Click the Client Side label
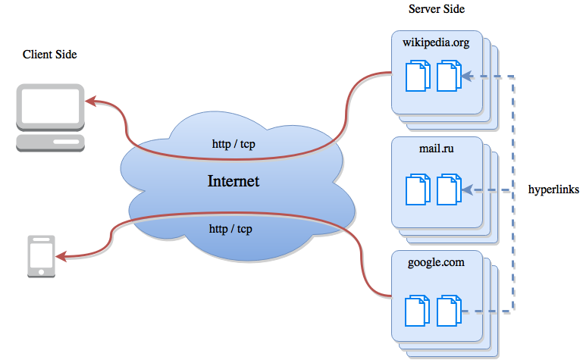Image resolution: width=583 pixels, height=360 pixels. click(50, 55)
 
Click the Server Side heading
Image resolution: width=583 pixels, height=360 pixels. click(436, 9)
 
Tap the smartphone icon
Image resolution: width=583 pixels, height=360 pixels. click(41, 255)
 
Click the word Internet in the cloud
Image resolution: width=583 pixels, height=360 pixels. click(234, 182)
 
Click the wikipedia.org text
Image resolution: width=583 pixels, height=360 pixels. click(436, 43)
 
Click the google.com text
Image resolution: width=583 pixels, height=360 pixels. click(435, 262)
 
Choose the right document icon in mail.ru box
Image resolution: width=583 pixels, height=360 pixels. click(448, 189)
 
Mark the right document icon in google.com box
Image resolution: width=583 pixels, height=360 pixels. click(448, 311)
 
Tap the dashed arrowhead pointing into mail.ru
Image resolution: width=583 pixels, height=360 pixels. click(467, 189)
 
